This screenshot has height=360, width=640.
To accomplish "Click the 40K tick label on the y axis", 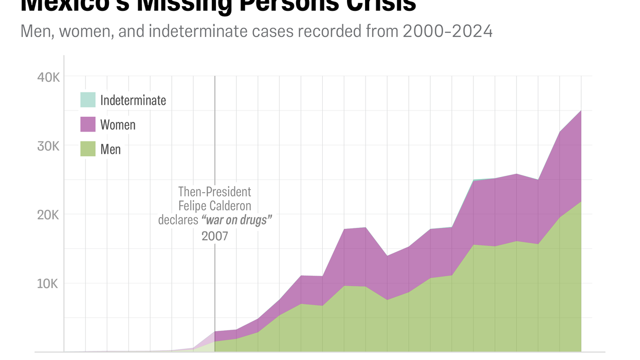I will (x=48, y=77).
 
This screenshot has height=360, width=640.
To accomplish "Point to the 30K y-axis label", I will (x=48, y=146).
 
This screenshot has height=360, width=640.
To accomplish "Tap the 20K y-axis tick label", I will (x=48, y=215).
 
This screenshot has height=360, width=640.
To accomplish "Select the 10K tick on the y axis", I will (x=48, y=284).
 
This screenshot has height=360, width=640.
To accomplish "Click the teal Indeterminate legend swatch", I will (x=88, y=100).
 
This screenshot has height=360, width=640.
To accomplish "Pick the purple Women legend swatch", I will (x=88, y=124).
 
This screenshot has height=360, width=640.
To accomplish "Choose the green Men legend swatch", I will (x=88, y=149).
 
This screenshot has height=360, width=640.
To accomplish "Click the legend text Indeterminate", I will (x=133, y=100).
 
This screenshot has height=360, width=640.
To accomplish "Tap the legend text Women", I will (x=118, y=124).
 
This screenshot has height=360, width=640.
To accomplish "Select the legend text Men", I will (x=111, y=149).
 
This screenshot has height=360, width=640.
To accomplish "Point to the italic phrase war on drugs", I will (x=236, y=220).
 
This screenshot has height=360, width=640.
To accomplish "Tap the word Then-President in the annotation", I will (x=214, y=192).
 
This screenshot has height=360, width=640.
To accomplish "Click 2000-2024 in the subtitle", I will (x=448, y=31).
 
